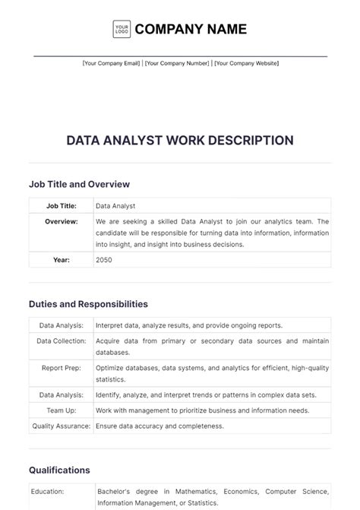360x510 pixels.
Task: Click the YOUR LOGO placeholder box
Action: (x=122, y=29)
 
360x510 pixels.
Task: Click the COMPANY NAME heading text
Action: (x=191, y=29)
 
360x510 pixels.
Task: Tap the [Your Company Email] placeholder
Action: (x=111, y=64)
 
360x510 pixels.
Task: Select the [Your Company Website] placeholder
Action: (x=246, y=64)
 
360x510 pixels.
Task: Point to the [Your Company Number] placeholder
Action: (x=178, y=64)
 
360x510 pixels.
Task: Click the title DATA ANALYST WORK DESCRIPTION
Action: (x=180, y=140)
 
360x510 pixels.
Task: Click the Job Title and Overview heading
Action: (x=79, y=184)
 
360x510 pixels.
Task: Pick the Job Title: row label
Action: (x=61, y=205)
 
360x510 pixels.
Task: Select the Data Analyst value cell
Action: (x=115, y=205)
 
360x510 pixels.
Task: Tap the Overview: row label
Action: (x=61, y=221)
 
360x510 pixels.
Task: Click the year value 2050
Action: (x=104, y=259)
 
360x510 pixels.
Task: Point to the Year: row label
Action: (x=61, y=259)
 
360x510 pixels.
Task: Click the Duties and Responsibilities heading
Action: (x=88, y=303)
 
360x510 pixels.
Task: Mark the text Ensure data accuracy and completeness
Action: (x=159, y=426)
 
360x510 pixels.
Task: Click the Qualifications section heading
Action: (x=59, y=470)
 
